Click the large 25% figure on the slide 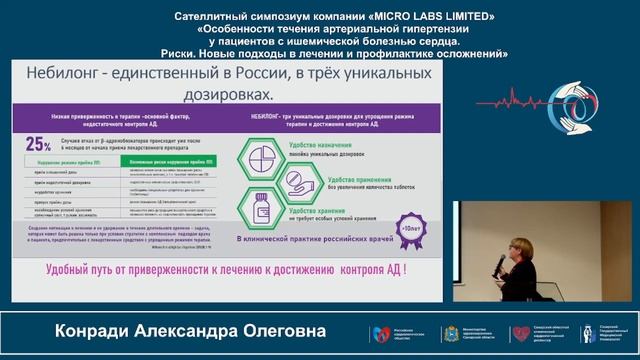(x=39, y=143)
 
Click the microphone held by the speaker (x=501, y=263)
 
